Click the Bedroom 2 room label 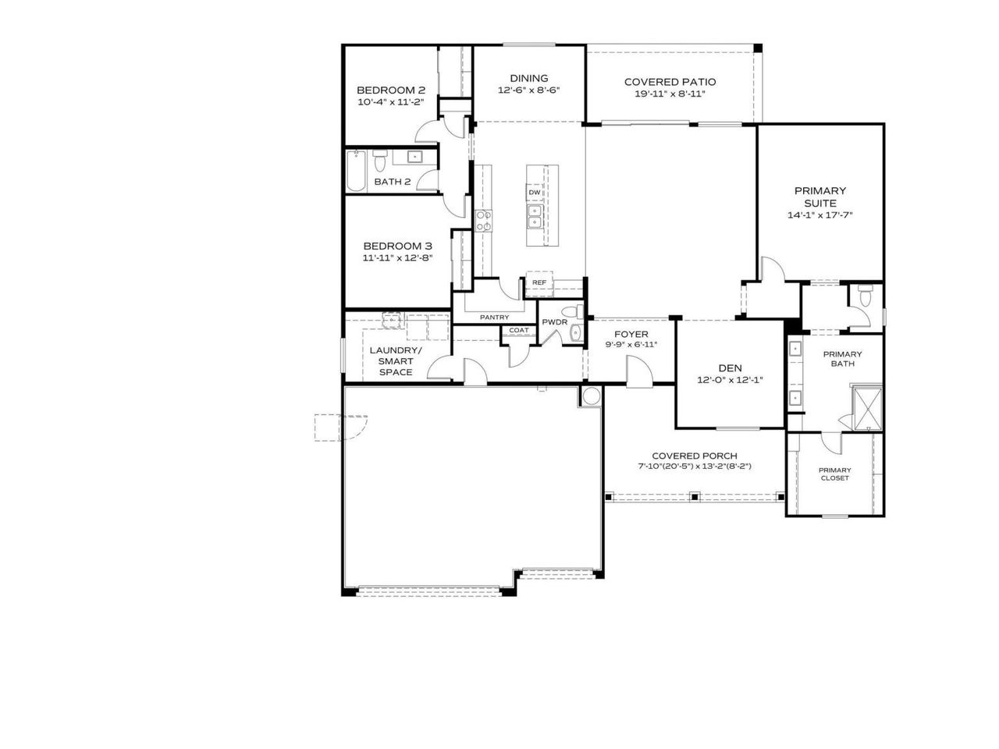(x=390, y=90)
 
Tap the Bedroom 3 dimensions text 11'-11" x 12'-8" (x=396, y=257)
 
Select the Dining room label (x=528, y=78)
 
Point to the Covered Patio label (x=670, y=82)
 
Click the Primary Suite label (x=819, y=197)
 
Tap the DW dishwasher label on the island (x=535, y=192)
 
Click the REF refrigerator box (x=539, y=282)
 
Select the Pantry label (x=494, y=317)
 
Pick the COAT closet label (x=518, y=330)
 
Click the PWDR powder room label (x=554, y=322)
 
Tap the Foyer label (x=631, y=334)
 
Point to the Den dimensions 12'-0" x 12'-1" (x=730, y=380)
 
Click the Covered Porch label (x=694, y=456)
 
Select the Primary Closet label (x=834, y=474)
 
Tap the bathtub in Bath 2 (x=357, y=171)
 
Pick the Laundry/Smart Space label (x=396, y=361)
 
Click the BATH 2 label (x=392, y=182)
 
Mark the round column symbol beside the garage (x=590, y=396)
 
